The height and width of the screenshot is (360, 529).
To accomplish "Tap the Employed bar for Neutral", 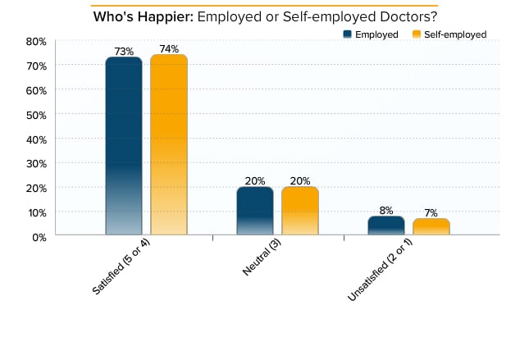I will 255,211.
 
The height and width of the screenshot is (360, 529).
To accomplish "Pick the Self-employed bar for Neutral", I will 299,211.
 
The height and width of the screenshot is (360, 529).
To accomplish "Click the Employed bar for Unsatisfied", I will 385,226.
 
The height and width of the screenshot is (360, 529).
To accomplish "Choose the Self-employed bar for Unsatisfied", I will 431,227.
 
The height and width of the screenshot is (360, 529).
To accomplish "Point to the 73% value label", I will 124,52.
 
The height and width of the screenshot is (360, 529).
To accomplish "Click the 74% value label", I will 169,49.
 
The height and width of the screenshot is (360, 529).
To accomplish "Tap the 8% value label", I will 385,211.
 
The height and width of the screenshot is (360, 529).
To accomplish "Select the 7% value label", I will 431,213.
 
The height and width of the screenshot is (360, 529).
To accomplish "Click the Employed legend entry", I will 371,34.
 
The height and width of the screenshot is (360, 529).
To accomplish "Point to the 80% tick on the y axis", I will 35,41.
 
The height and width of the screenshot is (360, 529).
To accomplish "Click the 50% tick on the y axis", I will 35,114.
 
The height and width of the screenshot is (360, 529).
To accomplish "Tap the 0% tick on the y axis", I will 38,236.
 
